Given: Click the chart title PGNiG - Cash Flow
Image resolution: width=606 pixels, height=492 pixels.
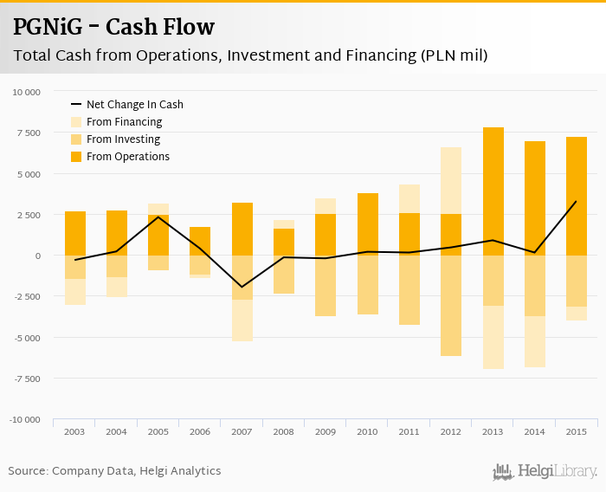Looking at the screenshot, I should tap(113, 27).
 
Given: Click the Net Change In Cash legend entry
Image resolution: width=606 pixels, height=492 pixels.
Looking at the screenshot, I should tap(134, 105).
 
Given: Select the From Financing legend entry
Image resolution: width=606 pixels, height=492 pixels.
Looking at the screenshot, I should tap(124, 122).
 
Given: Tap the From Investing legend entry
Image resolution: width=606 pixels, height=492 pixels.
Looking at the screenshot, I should tap(123, 139).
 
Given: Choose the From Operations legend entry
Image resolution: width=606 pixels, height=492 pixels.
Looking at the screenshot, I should tap(127, 157).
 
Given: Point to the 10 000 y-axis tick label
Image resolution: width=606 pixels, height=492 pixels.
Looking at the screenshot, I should tap(26, 92).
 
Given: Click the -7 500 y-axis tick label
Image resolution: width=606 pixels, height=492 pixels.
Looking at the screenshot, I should tap(26, 379).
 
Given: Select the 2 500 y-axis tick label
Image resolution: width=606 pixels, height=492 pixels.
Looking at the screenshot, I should tap(29, 215).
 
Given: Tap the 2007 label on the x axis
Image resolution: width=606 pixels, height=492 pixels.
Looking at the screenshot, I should tap(242, 431).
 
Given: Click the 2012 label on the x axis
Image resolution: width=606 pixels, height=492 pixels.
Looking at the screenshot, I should tap(451, 431).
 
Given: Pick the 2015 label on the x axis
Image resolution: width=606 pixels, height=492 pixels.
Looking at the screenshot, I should tap(577, 431).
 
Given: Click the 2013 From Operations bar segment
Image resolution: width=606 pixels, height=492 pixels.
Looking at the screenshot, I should tap(493, 191).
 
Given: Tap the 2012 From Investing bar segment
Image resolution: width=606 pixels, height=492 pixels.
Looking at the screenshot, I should tap(451, 305).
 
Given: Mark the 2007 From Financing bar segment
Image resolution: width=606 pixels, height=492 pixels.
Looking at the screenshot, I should tap(242, 320).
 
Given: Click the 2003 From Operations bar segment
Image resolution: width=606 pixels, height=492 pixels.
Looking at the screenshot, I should tap(74, 233).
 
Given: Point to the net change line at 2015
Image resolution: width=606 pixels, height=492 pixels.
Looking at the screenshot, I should tap(577, 202).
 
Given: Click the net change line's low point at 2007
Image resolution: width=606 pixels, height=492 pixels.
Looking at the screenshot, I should tap(242, 287).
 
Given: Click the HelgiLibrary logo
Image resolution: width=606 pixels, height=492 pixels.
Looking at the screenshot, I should tap(545, 472).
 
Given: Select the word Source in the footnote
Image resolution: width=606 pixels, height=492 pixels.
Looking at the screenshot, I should tap(27, 471).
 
